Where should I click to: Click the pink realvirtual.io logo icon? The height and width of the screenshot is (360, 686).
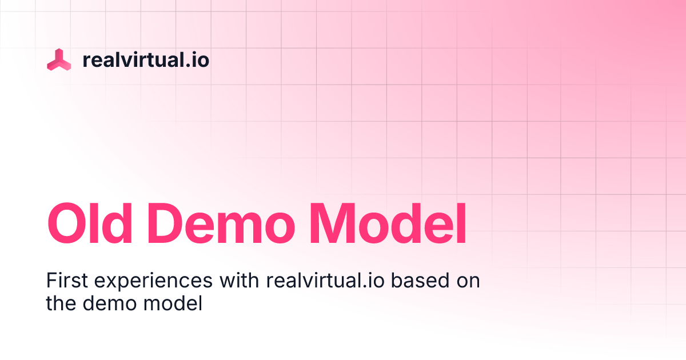coord(59,59)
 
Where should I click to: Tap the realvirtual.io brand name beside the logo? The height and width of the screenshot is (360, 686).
coord(146,59)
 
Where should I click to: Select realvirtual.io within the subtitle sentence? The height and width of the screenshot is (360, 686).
coord(324,281)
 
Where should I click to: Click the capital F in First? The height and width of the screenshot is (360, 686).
coord(50,281)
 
